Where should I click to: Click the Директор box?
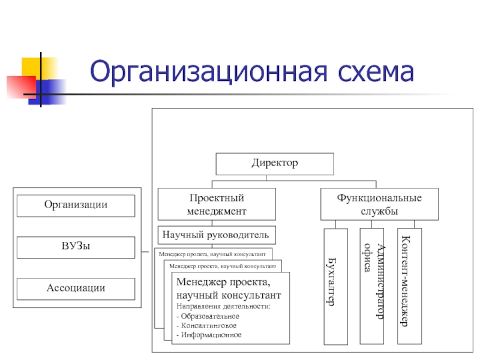tap(274, 163)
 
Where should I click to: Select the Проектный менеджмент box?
tap(217, 204)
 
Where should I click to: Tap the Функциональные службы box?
tap(379, 204)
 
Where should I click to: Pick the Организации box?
tap(76, 205)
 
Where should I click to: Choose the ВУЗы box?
tap(76, 247)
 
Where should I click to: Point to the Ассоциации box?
tap(76, 289)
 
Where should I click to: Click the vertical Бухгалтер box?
tap(335, 286)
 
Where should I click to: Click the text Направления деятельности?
tap(223, 307)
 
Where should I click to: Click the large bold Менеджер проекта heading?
tap(223, 281)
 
